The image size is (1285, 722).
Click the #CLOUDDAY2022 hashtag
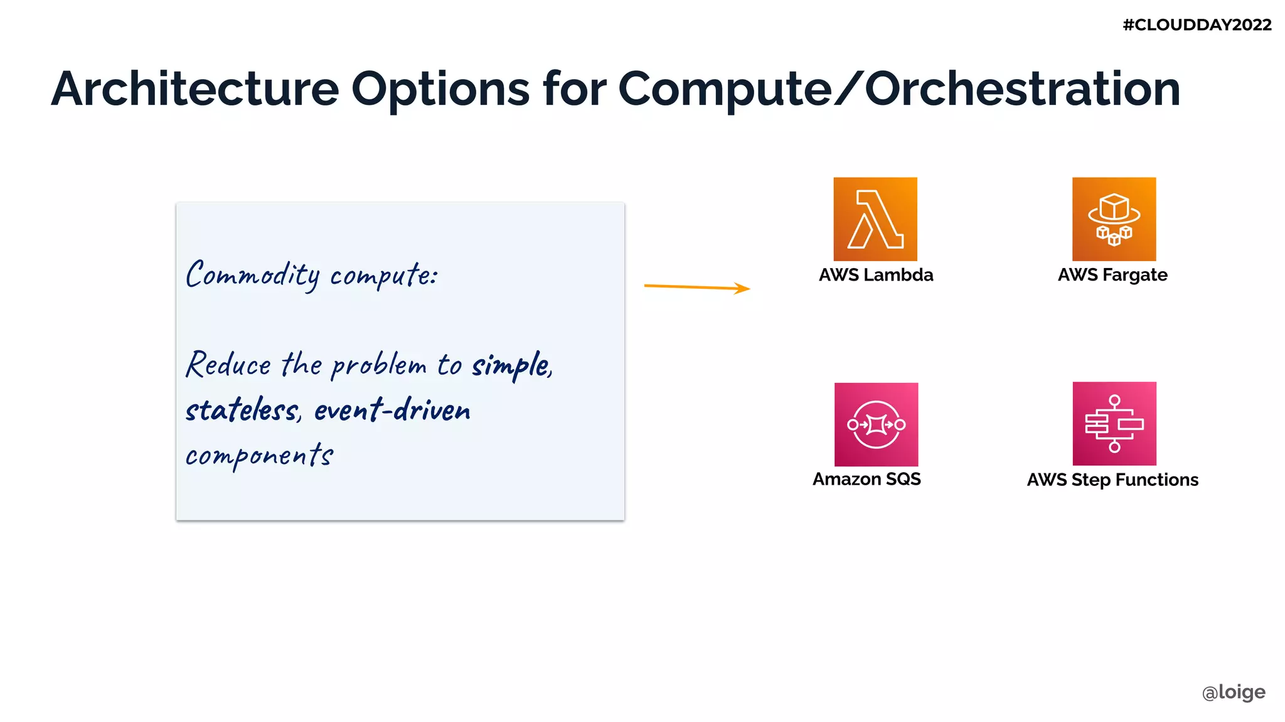(1197, 25)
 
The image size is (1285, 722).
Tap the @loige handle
(1233, 692)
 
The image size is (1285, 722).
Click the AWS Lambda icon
(875, 219)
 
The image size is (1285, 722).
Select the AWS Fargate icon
(1114, 219)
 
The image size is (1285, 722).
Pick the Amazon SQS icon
(876, 424)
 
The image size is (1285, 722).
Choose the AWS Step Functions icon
(1114, 424)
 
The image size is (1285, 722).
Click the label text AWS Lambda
(876, 275)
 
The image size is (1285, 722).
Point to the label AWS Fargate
(1112, 275)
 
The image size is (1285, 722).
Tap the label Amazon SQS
(866, 479)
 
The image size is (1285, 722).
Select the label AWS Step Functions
(1112, 480)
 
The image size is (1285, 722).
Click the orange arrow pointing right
(696, 287)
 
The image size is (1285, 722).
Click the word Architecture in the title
(195, 89)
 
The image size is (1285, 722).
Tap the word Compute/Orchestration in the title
(898, 89)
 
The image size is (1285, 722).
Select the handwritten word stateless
(243, 411)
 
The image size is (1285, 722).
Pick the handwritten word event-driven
(392, 411)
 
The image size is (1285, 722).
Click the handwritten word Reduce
(228, 365)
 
